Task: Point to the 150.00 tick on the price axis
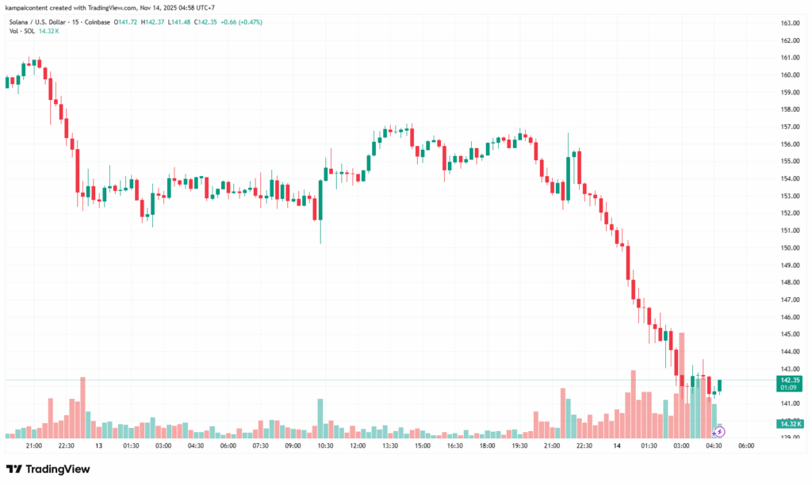[790, 247]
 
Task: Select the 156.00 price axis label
[790, 144]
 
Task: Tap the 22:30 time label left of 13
[66, 446]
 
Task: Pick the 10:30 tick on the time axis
[325, 446]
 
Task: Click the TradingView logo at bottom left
[48, 469]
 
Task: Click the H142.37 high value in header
[155, 21]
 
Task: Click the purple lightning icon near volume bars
[718, 432]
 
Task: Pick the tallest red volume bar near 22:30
[82, 408]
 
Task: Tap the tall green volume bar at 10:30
[320, 418]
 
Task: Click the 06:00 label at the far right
[746, 446]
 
